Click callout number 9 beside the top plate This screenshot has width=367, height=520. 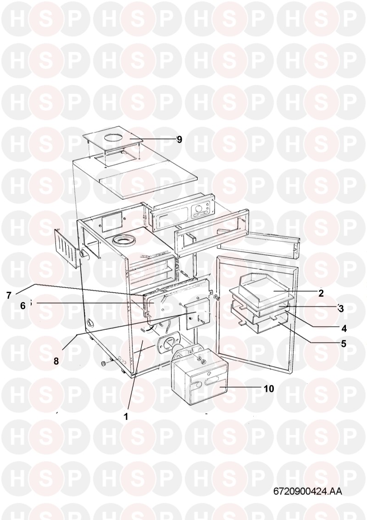[x=179, y=140]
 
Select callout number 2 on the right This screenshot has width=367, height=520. [x=321, y=293]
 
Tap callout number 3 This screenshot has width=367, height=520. [x=341, y=308]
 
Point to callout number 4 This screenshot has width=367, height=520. [x=344, y=328]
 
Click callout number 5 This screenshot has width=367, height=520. [x=344, y=344]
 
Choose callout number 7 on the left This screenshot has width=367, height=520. [x=9, y=295]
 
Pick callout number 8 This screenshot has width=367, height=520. [x=56, y=361]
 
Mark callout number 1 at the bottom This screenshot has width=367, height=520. [x=126, y=417]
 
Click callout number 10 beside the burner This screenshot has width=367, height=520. [x=269, y=388]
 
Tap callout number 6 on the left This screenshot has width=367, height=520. [x=22, y=306]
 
